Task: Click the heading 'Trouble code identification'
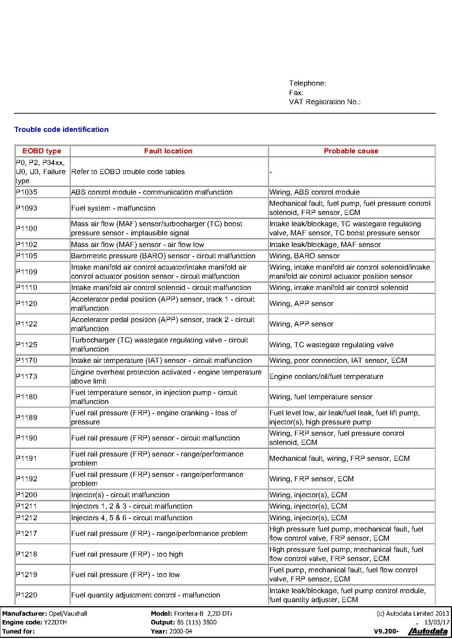[61, 129]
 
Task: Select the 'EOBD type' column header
[42, 151]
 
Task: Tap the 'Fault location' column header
[168, 151]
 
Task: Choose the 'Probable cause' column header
[351, 151]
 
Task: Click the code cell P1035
[27, 192]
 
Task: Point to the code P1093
[27, 208]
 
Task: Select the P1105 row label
[27, 256]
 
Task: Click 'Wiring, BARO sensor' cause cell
[304, 256]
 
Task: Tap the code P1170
[27, 360]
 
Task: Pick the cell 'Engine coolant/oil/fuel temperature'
[326, 376]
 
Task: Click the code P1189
[27, 417]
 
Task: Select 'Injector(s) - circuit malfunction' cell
[120, 495]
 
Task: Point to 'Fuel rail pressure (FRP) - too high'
[127, 554]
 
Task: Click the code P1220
[27, 595]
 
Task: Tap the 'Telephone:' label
[307, 83]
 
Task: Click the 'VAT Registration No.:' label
[324, 102]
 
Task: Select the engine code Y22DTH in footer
[55, 622]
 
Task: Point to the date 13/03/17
[437, 622]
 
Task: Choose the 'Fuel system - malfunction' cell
[113, 208]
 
